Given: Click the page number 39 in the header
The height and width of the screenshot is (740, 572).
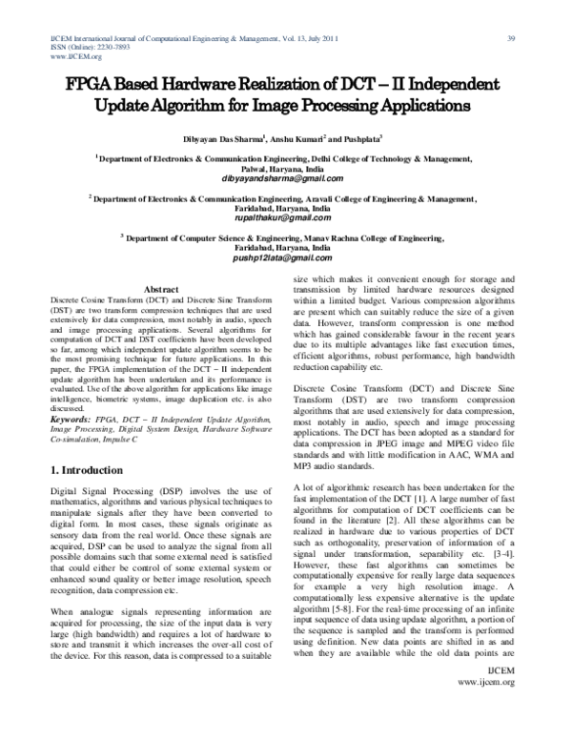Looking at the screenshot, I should coord(511,37).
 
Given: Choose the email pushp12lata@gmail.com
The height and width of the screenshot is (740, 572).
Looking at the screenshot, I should coord(285,258).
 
